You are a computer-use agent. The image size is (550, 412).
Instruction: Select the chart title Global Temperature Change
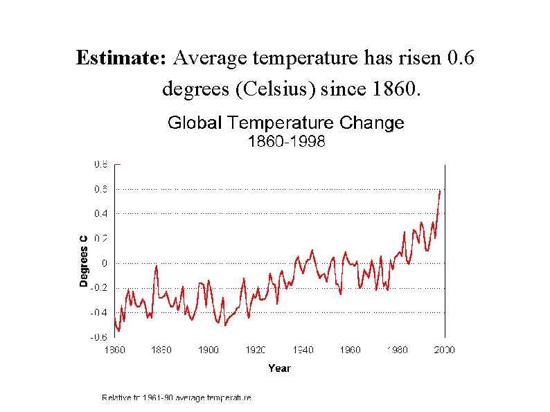(x=285, y=123)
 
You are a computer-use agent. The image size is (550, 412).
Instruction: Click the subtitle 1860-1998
(x=286, y=142)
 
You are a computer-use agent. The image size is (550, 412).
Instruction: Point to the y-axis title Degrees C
(x=83, y=260)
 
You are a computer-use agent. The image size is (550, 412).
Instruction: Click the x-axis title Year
(x=279, y=368)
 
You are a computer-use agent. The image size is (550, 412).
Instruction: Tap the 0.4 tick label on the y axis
(x=100, y=213)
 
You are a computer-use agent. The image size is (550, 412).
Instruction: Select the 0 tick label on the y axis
(x=105, y=263)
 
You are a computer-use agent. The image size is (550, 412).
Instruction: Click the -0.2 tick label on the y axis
(x=100, y=288)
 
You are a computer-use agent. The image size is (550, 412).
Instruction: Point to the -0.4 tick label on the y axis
(x=100, y=313)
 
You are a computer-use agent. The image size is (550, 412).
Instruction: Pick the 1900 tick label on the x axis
(x=209, y=350)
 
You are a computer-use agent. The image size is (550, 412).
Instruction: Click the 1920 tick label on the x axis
(x=256, y=350)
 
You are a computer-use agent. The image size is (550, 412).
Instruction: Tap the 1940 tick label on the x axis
(x=303, y=350)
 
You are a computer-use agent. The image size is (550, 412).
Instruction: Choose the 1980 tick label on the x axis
(x=397, y=350)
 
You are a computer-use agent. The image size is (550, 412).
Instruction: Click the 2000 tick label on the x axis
(x=444, y=350)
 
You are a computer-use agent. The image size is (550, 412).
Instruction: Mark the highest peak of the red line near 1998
(x=440, y=190)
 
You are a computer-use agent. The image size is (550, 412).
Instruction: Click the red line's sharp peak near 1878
(x=157, y=266)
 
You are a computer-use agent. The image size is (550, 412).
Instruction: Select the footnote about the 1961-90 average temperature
(x=176, y=397)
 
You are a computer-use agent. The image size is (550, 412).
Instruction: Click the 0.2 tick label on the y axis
(x=100, y=238)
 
